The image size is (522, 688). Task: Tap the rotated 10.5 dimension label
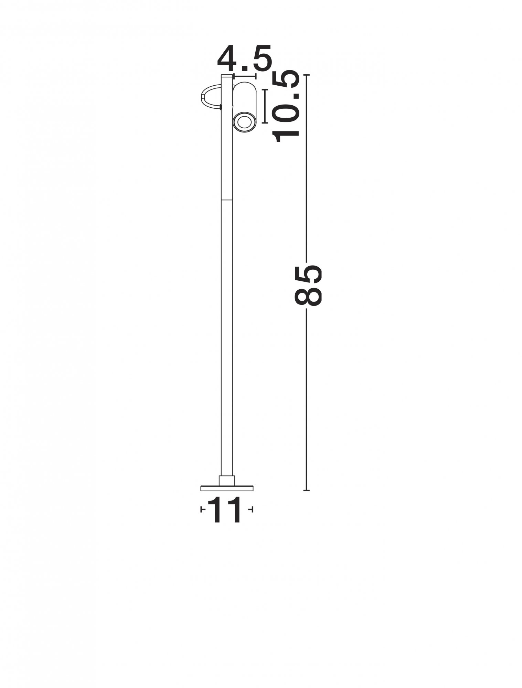[x=285, y=107]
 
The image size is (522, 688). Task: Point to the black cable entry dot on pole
[x=221, y=108]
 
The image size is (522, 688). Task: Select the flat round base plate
[x=227, y=488]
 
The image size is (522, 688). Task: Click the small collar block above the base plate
[x=227, y=481]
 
